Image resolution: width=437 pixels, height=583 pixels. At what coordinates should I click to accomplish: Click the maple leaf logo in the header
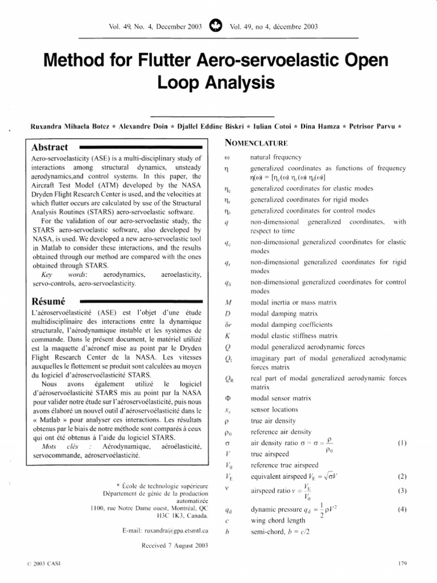(x=216, y=26)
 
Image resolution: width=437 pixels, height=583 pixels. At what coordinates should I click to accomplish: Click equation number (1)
(x=402, y=442)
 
